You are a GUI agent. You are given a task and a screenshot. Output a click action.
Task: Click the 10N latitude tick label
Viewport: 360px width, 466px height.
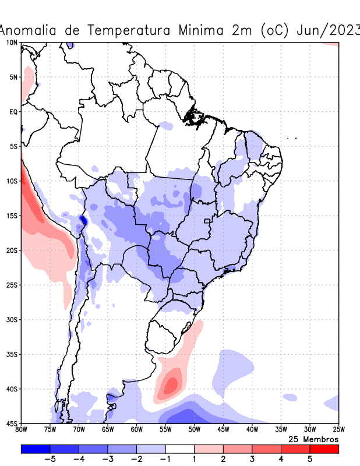(x=12, y=43)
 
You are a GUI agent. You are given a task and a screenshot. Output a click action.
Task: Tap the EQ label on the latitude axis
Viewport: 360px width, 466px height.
(x=13, y=111)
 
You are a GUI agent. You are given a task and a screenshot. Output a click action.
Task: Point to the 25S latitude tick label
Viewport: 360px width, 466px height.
(x=12, y=285)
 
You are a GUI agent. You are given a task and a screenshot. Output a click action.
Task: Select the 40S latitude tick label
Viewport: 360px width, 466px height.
(x=12, y=389)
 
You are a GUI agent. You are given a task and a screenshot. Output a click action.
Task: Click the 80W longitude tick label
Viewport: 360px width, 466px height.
(x=21, y=429)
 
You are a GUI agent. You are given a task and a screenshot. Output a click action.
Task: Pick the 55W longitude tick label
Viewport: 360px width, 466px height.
(x=165, y=429)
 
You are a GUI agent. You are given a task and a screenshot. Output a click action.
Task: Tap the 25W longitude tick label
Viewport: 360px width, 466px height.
(x=338, y=429)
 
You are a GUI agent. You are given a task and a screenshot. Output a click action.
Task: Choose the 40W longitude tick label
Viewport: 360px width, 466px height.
(x=252, y=429)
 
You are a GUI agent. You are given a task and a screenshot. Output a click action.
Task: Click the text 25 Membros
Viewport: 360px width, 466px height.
(x=313, y=439)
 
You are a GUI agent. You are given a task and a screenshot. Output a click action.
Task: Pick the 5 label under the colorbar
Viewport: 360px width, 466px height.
(x=310, y=459)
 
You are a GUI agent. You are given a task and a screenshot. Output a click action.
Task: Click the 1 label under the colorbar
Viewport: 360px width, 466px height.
(x=194, y=459)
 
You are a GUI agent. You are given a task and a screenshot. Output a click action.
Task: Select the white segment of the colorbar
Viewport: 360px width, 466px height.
(x=179, y=449)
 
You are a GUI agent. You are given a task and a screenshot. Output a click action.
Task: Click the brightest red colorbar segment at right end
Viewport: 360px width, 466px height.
(x=324, y=449)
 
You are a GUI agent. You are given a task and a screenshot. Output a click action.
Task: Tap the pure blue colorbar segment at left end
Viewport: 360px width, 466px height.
(x=35, y=449)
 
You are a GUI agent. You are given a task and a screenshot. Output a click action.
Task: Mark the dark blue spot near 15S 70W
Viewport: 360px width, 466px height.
(x=83, y=220)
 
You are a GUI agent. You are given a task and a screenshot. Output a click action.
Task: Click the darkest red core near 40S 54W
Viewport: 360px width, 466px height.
(x=171, y=385)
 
